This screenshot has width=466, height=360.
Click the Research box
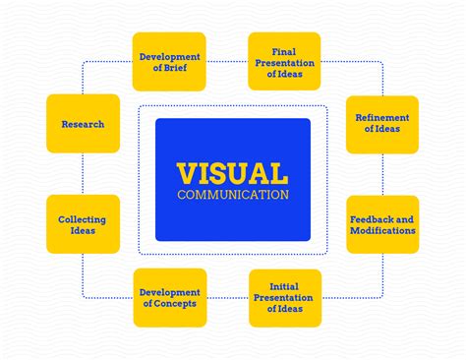tap(83, 124)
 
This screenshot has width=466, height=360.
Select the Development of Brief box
tap(169, 62)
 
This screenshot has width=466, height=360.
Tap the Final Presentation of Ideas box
tap(284, 61)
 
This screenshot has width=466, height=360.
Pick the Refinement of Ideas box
tap(382, 125)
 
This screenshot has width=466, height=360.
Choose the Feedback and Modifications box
tap(382, 224)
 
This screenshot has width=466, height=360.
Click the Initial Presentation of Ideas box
tap(285, 298)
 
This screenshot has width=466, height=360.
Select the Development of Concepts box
tap(170, 298)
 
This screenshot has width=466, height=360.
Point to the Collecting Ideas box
tap(83, 224)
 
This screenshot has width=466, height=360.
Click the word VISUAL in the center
tap(233, 173)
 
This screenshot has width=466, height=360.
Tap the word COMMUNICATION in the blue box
tap(233, 195)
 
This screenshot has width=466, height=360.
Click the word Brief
tap(175, 68)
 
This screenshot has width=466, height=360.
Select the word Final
tap(284, 52)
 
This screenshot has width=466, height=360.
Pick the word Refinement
tap(382, 118)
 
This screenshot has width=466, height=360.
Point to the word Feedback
tap(368, 219)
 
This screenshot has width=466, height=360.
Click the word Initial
tap(284, 286)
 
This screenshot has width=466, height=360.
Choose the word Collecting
tap(82, 219)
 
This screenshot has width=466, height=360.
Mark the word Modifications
tap(382, 230)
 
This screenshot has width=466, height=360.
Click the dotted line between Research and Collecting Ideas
tap(83, 174)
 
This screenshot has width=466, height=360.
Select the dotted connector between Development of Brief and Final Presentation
tap(227, 61)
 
